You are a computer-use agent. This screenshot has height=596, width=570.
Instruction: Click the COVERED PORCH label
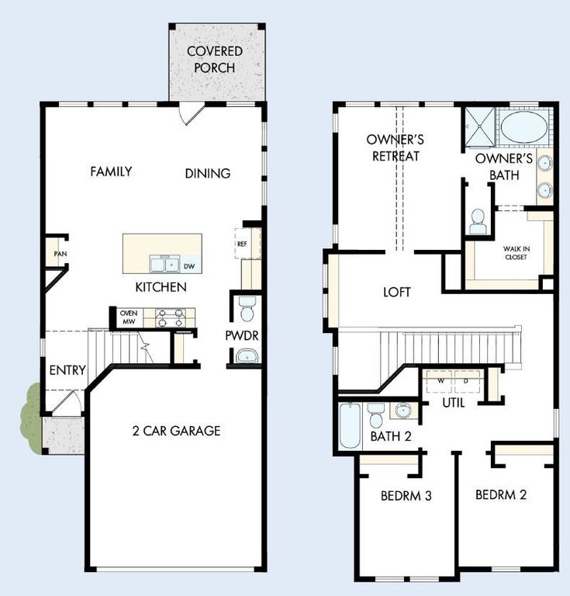point(215,59)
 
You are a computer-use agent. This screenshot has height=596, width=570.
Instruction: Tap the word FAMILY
point(111,172)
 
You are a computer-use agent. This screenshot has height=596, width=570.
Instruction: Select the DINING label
point(208,174)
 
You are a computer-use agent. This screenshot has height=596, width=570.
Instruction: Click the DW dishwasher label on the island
point(189,265)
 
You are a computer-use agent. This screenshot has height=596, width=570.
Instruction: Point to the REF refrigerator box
point(243,243)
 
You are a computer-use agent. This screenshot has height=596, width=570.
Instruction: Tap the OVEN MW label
point(128,317)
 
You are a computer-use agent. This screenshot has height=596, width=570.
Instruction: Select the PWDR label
point(242,336)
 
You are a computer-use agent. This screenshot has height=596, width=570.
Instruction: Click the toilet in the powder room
point(247,309)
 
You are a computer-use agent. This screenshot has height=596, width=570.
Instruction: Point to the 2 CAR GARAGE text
point(175,431)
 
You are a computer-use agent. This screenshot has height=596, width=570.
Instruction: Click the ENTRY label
point(67,370)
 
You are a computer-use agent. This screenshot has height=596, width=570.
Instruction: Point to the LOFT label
point(397,293)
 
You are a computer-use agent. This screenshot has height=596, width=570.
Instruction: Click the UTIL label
point(453,404)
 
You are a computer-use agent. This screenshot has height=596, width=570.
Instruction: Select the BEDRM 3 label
point(406,496)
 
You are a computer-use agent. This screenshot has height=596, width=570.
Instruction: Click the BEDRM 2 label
point(501,494)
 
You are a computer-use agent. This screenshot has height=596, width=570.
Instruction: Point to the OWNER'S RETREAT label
point(394,147)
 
